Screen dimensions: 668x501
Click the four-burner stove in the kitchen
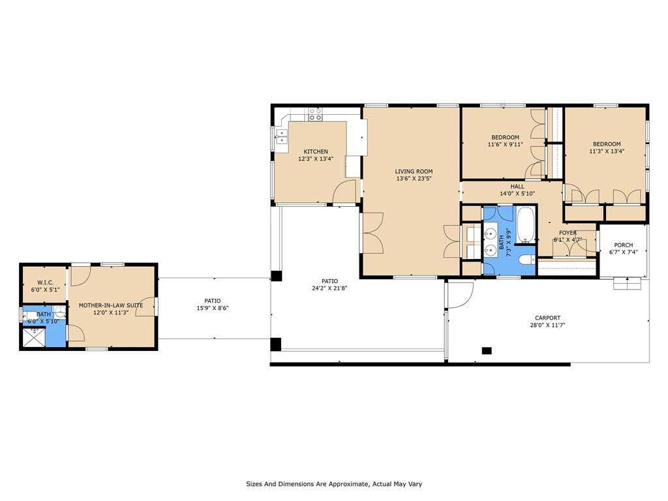pos(315,114)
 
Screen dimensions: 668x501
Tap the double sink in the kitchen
pos(281,136)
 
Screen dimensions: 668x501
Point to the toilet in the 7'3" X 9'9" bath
pos(526,260)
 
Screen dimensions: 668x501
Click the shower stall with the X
pos(34,337)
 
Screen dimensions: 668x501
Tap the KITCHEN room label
pos(316,151)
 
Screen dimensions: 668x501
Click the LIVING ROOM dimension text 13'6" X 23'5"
pos(414,179)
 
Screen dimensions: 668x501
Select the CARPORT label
pos(547,318)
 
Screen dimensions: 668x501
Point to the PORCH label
pos(623,245)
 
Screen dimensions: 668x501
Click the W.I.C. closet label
pos(45,282)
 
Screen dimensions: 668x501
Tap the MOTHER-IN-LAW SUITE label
pos(111,305)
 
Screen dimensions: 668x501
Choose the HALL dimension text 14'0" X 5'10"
pos(517,193)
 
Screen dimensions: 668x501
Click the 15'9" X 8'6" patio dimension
pos(213,308)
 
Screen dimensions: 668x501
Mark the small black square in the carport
pos(487,350)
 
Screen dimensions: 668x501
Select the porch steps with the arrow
pos(627,283)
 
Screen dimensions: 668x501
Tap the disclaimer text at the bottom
pos(334,484)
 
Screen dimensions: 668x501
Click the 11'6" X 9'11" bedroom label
pos(506,141)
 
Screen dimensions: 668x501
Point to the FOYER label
pos(568,233)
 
